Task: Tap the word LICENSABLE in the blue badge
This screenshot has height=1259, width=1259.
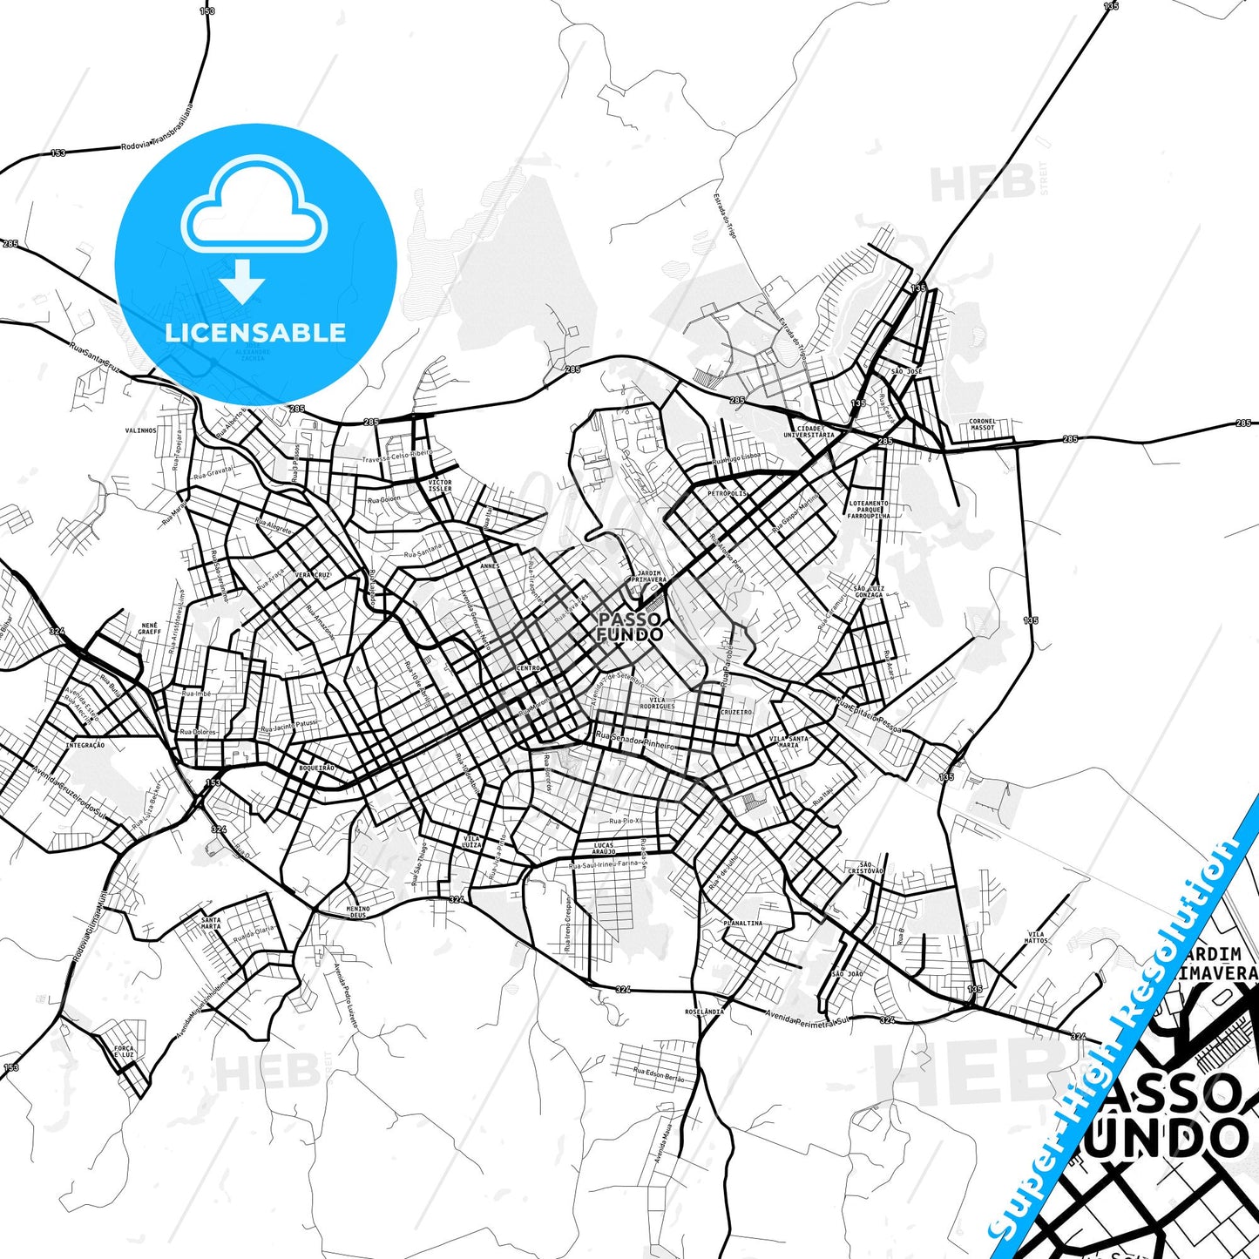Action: (x=255, y=333)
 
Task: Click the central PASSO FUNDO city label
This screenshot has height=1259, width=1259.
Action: (x=629, y=627)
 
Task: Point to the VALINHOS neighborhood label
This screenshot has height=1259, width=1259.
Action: (x=141, y=430)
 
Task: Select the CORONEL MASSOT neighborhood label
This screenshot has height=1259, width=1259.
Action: (x=982, y=424)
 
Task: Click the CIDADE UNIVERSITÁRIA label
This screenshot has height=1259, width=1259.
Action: (x=809, y=431)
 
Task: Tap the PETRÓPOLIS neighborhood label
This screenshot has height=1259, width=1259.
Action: (x=727, y=493)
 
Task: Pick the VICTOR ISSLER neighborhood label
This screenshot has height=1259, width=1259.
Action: (x=440, y=485)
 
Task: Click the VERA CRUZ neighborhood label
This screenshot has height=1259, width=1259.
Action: (x=312, y=576)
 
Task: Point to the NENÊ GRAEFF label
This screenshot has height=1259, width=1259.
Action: (x=149, y=628)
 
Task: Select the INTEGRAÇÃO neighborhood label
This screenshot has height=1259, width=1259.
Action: (x=85, y=745)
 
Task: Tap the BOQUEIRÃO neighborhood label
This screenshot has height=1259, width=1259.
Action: (x=316, y=768)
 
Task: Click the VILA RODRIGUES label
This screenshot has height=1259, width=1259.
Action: (x=657, y=702)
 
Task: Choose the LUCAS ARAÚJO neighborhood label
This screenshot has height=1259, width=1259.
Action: (x=604, y=848)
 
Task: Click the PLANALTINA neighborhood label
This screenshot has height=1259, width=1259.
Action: (x=742, y=923)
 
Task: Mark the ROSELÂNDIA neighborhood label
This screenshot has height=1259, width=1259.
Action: (x=704, y=1012)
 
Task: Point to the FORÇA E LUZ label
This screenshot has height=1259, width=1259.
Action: (x=124, y=1052)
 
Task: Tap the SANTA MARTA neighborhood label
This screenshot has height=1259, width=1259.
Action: (x=211, y=923)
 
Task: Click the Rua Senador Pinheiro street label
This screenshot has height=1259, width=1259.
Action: (x=635, y=741)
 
